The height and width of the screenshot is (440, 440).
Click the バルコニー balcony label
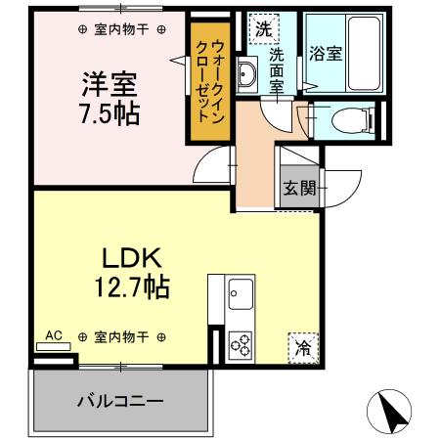pyautogui.click(x=120, y=400)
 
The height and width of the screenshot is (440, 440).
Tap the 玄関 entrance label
pyautogui.click(x=300, y=189)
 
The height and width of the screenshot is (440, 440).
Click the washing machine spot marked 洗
pyautogui.click(x=263, y=28)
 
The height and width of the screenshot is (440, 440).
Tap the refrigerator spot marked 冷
pyautogui.click(x=304, y=345)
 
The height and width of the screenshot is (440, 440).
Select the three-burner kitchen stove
pyautogui.click(x=240, y=342)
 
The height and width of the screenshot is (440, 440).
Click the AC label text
pyautogui.click(x=55, y=335)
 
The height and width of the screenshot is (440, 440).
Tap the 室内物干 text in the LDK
pyautogui.click(x=121, y=336)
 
